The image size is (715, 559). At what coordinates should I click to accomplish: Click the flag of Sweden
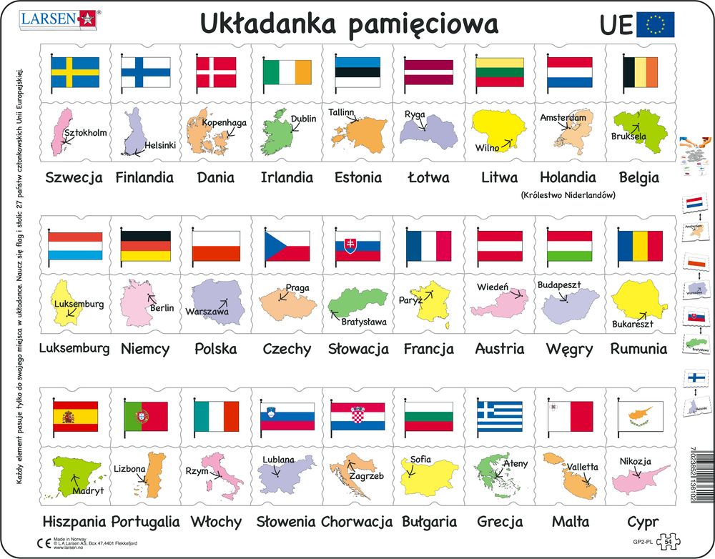point(74,72)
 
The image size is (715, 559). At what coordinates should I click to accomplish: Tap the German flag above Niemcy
point(145,245)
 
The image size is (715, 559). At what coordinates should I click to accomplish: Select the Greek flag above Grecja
point(500,416)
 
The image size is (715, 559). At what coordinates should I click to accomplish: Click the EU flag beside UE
point(655,25)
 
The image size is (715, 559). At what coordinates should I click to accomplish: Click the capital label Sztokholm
point(85,133)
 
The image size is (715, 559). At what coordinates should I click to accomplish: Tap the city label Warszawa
point(207,312)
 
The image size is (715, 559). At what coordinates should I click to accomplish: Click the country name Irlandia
point(287,177)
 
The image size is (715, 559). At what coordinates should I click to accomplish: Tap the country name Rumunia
point(638,349)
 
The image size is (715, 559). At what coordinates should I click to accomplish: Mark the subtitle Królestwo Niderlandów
point(568,194)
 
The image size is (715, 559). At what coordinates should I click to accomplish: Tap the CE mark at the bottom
point(41,544)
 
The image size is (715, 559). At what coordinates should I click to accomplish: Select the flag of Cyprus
point(641,416)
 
